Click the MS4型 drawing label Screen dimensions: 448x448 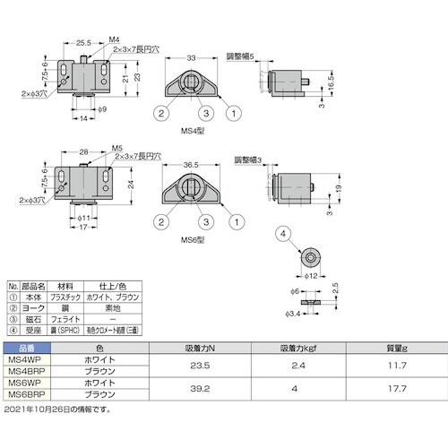193,133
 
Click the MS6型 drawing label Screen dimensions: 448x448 193,239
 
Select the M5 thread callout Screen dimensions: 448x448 117,149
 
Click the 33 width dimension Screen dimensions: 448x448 192,59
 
